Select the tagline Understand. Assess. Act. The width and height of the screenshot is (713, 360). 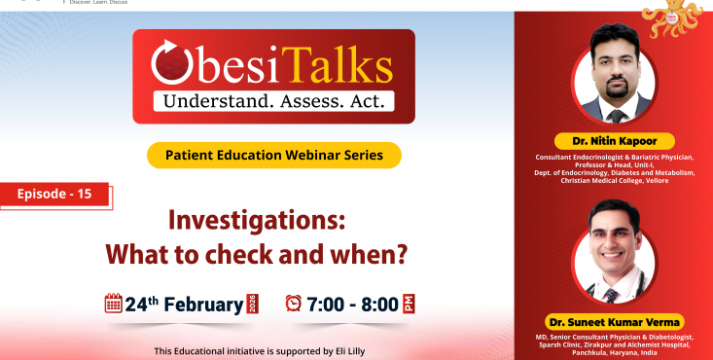[273, 100]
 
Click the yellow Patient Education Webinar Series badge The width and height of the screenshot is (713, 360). [273, 155]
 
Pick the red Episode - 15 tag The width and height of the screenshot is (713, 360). [54, 195]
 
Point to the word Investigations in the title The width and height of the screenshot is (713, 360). [258, 220]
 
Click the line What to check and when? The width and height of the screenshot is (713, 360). [255, 255]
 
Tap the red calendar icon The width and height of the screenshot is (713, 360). [113, 303]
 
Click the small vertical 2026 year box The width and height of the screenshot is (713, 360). [253, 304]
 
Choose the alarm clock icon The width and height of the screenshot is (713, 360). [293, 304]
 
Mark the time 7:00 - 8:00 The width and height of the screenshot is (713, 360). [353, 304]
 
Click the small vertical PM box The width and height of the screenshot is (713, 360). [410, 304]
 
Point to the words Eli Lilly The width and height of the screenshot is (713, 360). [373, 350]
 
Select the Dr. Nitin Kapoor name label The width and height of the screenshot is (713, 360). [614, 141]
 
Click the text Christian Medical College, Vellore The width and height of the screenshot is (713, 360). [614, 181]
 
